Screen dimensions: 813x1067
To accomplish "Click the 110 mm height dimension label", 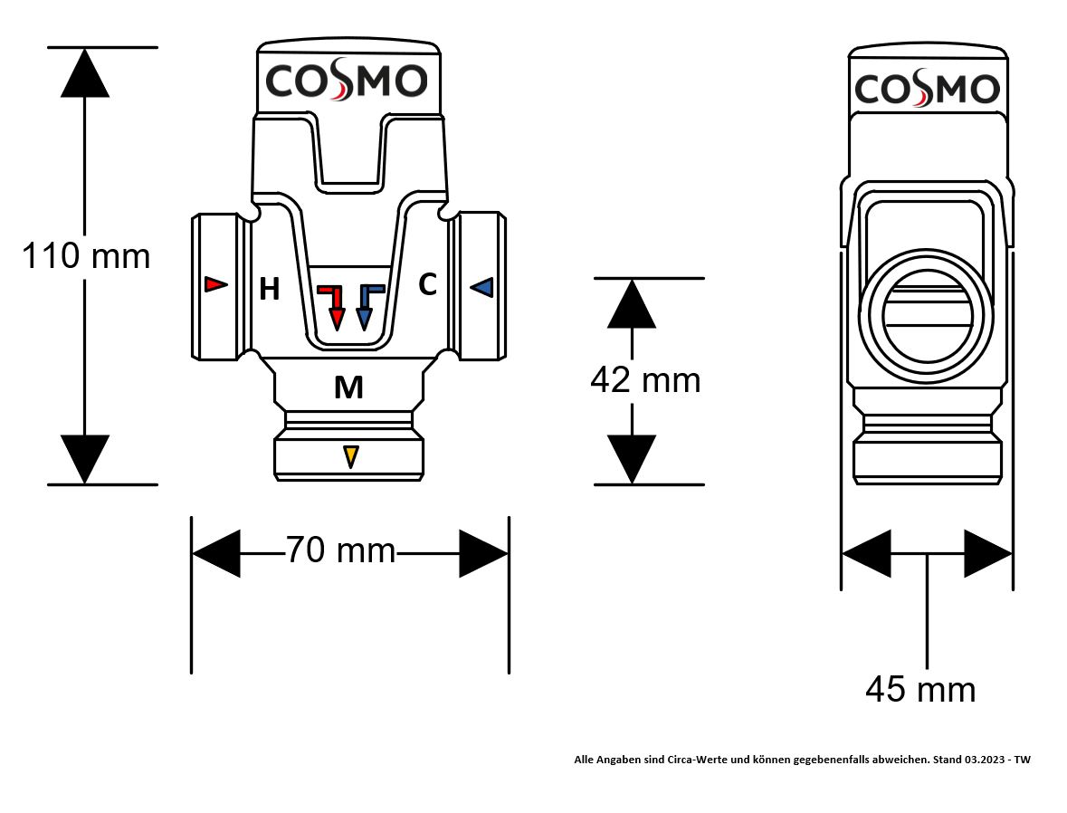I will [x=86, y=256].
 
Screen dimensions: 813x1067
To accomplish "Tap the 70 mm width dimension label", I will [x=341, y=550].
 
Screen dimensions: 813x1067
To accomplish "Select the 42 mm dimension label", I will [x=645, y=380].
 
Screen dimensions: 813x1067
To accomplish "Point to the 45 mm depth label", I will [x=920, y=690].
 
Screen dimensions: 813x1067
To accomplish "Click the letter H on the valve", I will [x=269, y=290].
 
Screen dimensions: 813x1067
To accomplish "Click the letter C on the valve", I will [x=427, y=285].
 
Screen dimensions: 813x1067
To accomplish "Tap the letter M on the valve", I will [x=348, y=388].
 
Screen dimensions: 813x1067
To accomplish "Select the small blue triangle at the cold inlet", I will [x=481, y=287].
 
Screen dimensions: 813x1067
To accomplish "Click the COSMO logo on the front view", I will [x=346, y=81].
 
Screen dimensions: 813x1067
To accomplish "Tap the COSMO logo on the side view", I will [x=927, y=90].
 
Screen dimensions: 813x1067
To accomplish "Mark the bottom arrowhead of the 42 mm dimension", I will [x=632, y=459].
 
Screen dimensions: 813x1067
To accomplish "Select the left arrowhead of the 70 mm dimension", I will [x=216, y=552].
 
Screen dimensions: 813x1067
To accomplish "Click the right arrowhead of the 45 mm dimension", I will [x=987, y=553].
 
